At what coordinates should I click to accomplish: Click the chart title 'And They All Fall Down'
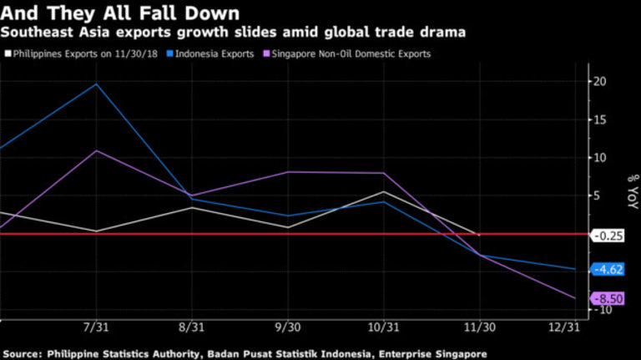121,13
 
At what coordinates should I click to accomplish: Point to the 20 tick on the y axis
600,82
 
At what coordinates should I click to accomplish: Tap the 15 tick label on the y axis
600,119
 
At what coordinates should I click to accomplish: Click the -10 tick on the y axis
602,310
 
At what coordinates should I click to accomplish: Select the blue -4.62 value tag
608,269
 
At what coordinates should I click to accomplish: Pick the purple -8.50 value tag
608,299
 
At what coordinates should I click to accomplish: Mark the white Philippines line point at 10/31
383,192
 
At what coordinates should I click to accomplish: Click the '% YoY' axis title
631,192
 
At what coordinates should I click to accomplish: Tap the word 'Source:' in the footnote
23,353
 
